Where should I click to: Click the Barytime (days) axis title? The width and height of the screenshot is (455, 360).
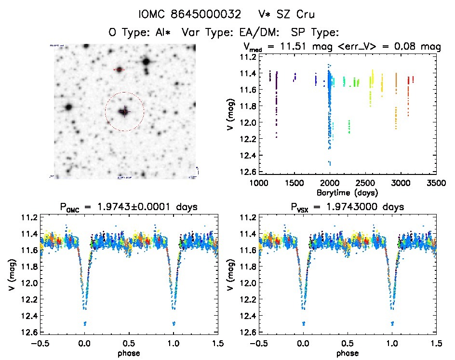click(x=347, y=192)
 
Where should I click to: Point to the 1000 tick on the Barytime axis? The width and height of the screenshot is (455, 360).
click(x=258, y=184)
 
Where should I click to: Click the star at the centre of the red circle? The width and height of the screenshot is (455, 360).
click(x=124, y=112)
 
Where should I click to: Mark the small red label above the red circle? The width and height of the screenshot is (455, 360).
click(x=119, y=70)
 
